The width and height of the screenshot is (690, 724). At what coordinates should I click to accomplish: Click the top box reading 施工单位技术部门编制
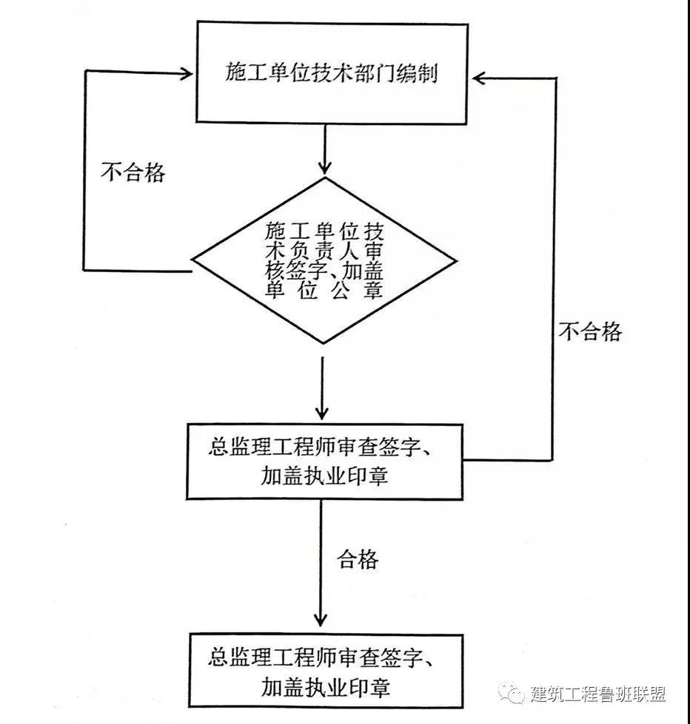pos(331,73)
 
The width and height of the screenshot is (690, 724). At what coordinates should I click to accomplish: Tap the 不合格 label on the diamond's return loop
pos(133,172)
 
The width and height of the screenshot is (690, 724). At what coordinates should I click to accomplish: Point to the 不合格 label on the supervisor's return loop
pos(590,332)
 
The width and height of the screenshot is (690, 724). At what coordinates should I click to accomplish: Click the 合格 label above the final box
pos(358,559)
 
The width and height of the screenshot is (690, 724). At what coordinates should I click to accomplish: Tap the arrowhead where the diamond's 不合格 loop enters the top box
pos(185,72)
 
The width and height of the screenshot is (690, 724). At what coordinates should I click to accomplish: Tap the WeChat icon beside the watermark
pos(512,694)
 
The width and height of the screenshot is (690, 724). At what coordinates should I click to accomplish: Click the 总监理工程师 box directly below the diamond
pos(324,461)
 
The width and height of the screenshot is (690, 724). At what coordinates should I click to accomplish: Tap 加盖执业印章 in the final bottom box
pos(325,689)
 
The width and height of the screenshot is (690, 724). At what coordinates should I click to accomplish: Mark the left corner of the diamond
pos(195,260)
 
